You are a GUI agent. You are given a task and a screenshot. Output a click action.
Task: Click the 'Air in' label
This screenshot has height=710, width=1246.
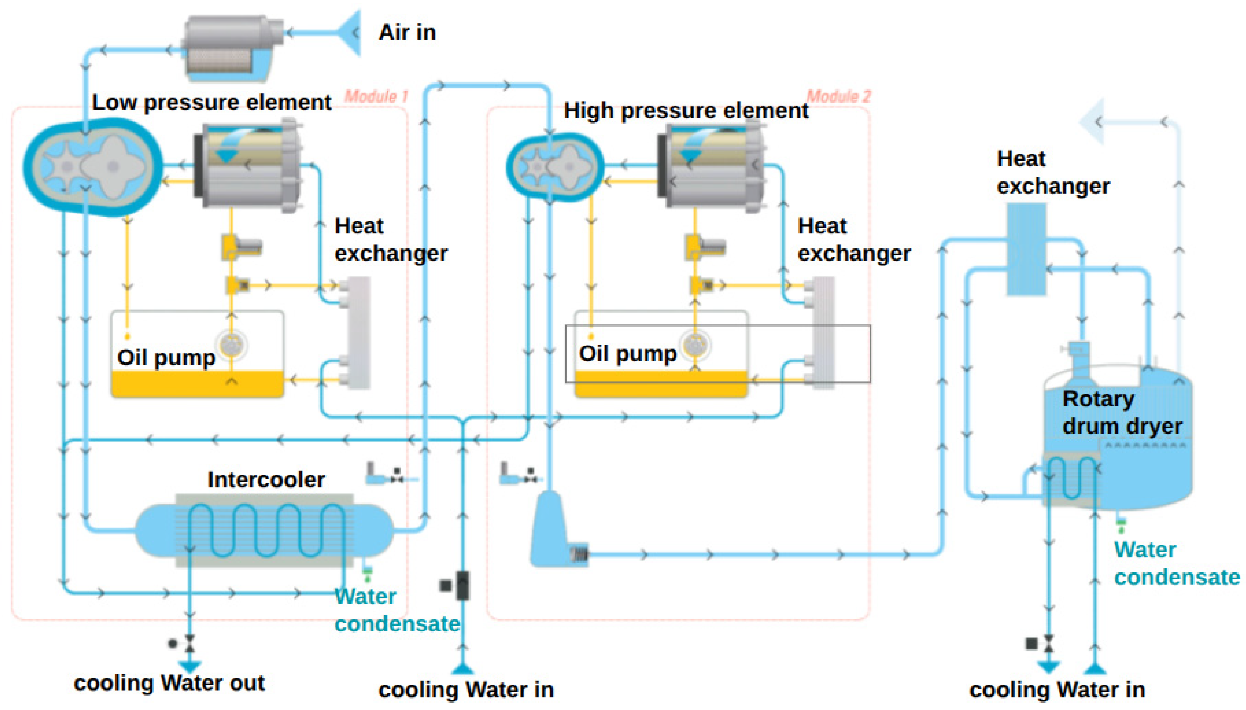click(407, 33)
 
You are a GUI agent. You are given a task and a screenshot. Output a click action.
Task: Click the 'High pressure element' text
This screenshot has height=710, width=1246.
click(686, 111)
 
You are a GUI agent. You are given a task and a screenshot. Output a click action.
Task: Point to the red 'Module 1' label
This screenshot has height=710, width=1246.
click(376, 96)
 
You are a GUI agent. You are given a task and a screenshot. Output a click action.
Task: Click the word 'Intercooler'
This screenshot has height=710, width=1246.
click(266, 480)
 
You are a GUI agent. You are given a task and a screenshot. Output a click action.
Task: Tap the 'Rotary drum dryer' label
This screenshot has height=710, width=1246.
click(1122, 413)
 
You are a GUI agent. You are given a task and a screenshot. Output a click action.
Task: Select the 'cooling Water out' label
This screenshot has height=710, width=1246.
click(169, 683)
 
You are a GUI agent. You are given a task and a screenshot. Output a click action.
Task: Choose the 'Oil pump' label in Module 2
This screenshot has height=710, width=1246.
click(628, 353)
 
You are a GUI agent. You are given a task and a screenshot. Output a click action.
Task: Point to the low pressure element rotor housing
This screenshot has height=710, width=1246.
click(93, 167)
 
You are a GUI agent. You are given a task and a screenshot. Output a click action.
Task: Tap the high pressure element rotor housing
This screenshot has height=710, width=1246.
click(555, 167)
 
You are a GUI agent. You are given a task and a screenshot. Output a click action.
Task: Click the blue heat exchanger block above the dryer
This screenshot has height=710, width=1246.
click(1027, 249)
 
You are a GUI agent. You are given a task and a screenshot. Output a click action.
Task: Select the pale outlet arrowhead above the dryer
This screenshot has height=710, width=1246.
click(1092, 122)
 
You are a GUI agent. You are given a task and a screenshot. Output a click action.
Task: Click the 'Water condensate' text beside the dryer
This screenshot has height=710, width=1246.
click(1177, 564)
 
